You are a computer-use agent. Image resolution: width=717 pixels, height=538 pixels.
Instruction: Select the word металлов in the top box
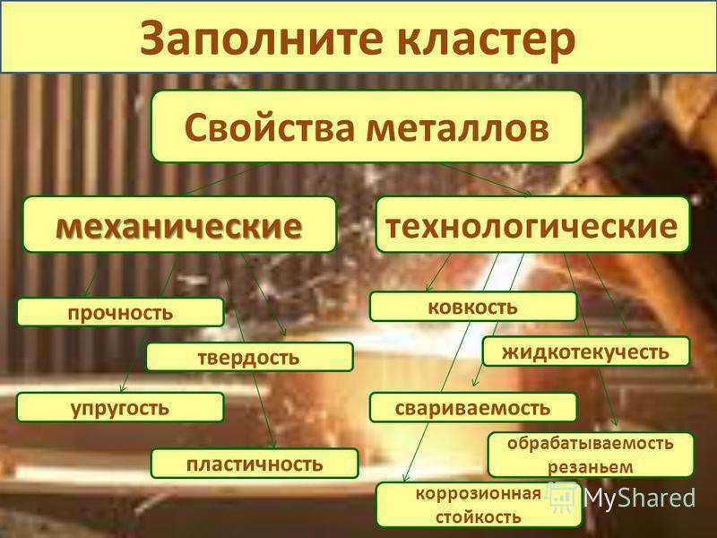458,127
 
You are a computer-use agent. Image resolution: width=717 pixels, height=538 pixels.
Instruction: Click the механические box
180,225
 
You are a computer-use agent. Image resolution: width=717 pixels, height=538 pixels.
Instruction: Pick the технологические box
532,224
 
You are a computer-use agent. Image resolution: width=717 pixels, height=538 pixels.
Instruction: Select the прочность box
120,312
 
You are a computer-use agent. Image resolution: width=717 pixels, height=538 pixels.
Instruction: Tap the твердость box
250,357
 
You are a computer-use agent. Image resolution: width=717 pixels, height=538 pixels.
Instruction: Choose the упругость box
120,407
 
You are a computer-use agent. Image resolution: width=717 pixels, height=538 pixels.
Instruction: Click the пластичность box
255,464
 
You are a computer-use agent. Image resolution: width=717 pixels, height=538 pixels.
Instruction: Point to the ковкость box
473,307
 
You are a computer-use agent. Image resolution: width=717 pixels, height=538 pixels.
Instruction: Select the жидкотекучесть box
586,351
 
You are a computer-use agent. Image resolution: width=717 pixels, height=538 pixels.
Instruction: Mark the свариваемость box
473,408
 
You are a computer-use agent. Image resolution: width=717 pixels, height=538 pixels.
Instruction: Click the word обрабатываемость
591,443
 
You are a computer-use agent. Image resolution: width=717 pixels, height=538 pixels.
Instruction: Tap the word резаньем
591,467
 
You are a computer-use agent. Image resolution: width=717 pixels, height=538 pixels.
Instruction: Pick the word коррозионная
479,494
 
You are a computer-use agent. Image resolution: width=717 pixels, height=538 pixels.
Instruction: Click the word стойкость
479,517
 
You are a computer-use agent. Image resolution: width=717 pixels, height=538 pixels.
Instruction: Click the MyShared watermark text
639,498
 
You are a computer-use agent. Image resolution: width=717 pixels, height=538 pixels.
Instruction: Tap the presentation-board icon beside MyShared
563,498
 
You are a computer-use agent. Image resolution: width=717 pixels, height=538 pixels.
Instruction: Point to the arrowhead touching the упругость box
122,388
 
